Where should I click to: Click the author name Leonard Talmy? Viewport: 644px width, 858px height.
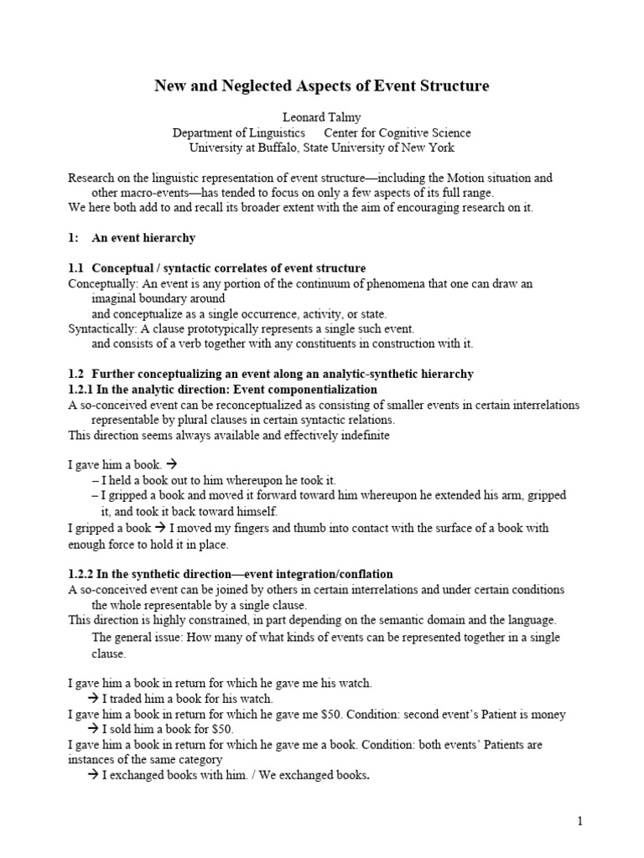[x=321, y=116]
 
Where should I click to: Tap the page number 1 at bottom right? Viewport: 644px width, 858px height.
[x=579, y=821]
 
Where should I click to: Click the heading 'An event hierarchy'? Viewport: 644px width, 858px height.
[x=143, y=238]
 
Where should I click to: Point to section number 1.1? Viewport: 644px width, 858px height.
[x=76, y=268]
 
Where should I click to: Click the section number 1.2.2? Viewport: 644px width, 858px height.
[x=82, y=574]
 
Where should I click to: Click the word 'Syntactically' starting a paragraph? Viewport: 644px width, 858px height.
[x=101, y=328]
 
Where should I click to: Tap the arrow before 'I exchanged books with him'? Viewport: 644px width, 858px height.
[x=94, y=775]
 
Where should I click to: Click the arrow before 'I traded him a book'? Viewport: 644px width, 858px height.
[x=94, y=699]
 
